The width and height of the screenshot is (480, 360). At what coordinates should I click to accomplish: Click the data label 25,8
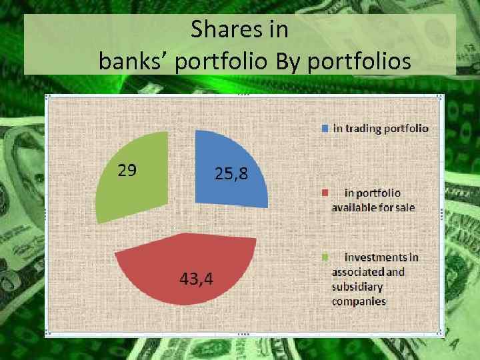231,175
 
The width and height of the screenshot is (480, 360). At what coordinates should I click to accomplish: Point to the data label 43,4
196,279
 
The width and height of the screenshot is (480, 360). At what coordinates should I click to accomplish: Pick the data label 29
127,170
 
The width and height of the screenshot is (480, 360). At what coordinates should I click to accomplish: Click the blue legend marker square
325,128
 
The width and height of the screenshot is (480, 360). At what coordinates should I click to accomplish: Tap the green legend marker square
325,257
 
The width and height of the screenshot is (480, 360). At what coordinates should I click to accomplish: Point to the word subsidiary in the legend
357,287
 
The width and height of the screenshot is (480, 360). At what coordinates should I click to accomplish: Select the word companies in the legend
359,301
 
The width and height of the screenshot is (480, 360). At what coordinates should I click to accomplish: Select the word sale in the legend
403,207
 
